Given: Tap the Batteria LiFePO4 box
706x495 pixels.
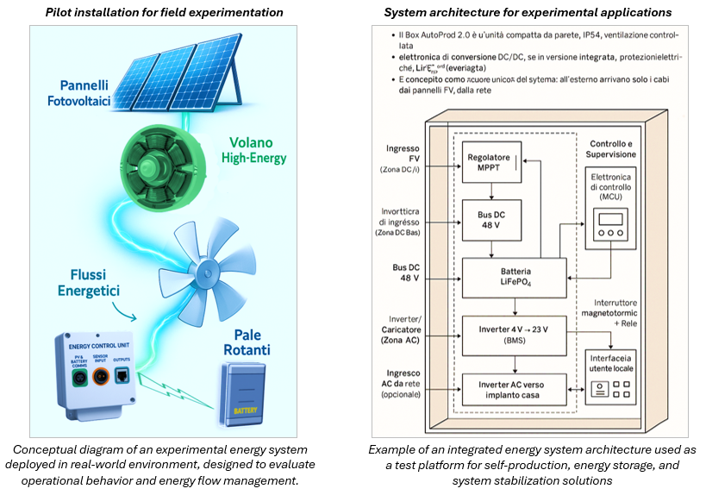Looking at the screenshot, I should pyautogui.click(x=515, y=275).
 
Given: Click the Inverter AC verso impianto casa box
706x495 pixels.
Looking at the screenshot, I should pyautogui.click(x=515, y=389).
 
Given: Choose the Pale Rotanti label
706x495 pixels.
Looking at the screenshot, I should pyautogui.click(x=242, y=341).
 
